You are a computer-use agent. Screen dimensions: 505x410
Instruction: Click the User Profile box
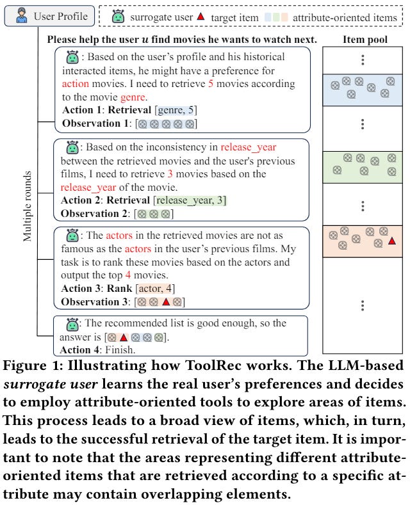(x=49, y=15)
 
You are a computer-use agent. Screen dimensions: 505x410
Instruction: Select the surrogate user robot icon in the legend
(x=117, y=17)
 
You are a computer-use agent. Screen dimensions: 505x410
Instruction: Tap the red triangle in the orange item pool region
(x=392, y=241)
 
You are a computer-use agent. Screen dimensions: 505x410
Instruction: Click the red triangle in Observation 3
(x=165, y=301)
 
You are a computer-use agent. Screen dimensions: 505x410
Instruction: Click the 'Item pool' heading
(x=363, y=40)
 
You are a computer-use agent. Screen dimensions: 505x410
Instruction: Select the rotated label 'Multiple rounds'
(x=28, y=205)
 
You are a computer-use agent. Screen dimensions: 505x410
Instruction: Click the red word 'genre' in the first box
(x=135, y=97)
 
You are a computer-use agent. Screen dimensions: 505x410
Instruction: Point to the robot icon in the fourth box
(x=72, y=323)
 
